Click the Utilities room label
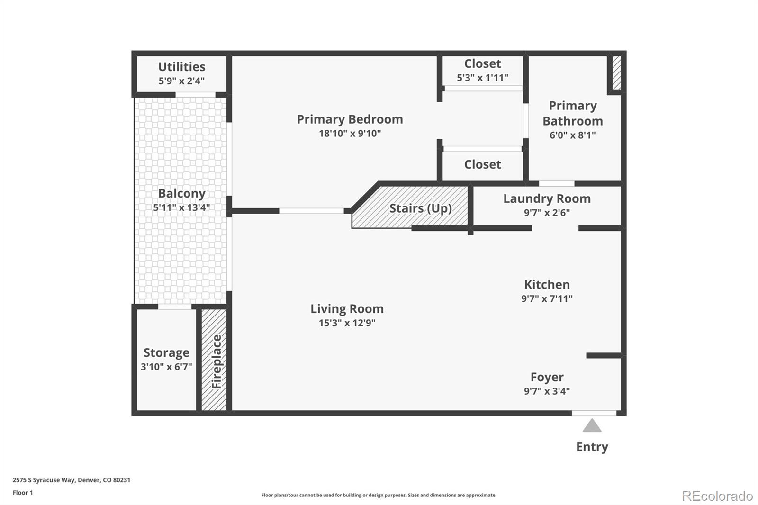point(181,67)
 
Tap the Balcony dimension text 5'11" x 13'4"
point(181,207)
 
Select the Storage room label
point(166,353)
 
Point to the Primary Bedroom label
point(350,119)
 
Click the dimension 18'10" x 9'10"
point(350,134)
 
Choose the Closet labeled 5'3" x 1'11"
point(482,64)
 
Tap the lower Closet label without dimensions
point(482,164)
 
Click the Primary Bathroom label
point(572,113)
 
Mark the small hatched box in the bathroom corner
point(616,73)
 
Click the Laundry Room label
point(547,199)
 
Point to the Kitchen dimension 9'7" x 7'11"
point(547,299)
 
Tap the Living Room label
point(347,309)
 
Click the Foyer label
point(547,377)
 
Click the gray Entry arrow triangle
point(592,426)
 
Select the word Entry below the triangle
point(592,447)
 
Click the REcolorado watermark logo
point(717,496)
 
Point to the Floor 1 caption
point(23,493)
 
